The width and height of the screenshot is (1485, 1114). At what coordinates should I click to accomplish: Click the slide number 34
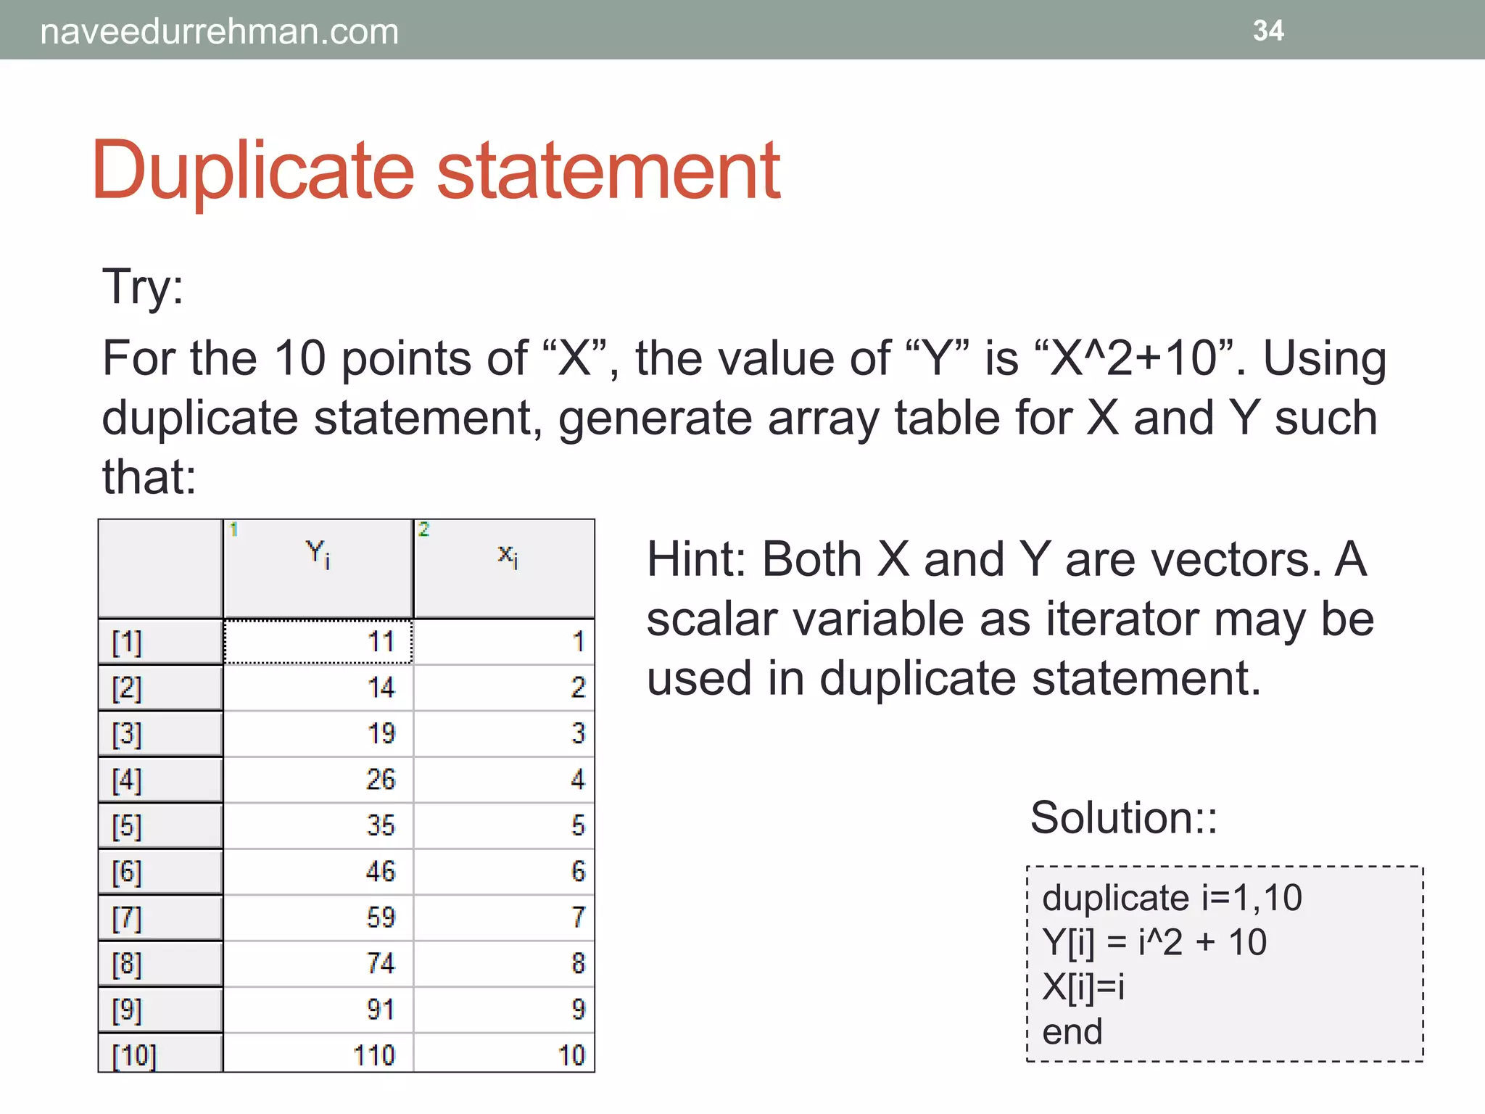point(1267,30)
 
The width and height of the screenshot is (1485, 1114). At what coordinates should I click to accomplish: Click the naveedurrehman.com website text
point(219,32)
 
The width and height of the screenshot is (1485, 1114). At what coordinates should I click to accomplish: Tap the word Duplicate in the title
point(253,171)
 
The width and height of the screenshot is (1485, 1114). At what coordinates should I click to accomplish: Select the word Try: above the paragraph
point(143,286)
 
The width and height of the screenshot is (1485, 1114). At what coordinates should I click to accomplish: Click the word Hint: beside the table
point(697,560)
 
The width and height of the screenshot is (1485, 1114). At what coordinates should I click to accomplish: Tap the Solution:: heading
point(1123,818)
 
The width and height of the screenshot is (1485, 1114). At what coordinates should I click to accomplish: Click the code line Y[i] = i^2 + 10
point(1154,943)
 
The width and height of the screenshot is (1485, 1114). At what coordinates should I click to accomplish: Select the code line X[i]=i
point(1083,987)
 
